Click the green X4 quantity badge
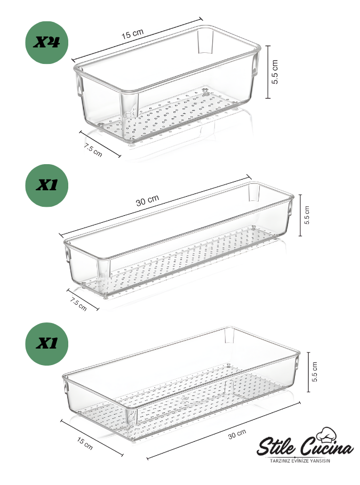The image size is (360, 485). point(46,43)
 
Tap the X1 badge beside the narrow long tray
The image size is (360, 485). point(46,185)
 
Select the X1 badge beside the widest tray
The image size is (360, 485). point(46,344)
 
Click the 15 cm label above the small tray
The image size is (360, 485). point(132,34)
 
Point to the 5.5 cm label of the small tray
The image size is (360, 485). point(275,72)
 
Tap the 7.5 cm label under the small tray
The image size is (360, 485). point(93,150)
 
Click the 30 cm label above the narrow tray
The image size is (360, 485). point(147,200)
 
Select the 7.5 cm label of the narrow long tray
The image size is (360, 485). point(78,304)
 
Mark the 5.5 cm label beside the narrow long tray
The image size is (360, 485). point(307,215)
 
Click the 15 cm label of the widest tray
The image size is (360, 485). point(85,443)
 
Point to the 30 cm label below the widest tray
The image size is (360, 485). point(237,434)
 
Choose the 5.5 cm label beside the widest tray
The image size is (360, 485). point(315,372)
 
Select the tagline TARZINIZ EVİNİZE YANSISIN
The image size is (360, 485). point(300,461)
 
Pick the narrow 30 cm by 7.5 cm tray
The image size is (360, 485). point(178,240)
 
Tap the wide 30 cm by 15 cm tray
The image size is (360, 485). point(181,384)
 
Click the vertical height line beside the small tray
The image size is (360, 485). point(268,72)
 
